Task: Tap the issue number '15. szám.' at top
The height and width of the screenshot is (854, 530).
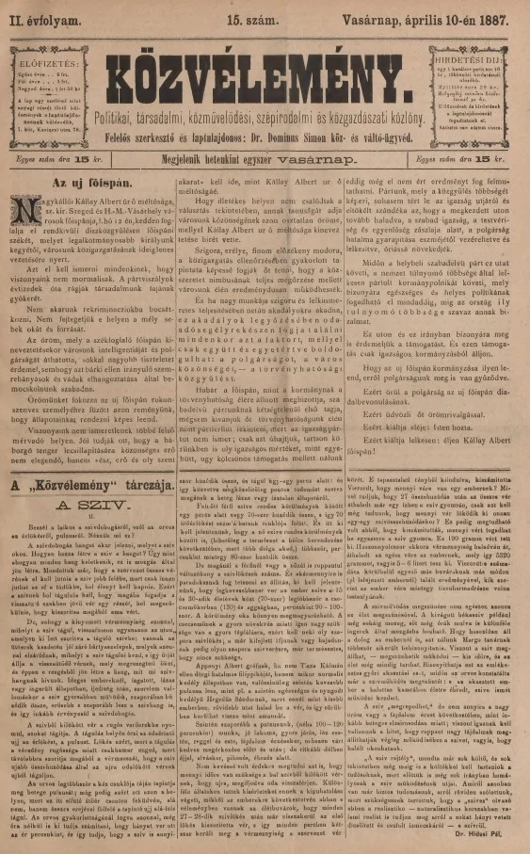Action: pos(265,15)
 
